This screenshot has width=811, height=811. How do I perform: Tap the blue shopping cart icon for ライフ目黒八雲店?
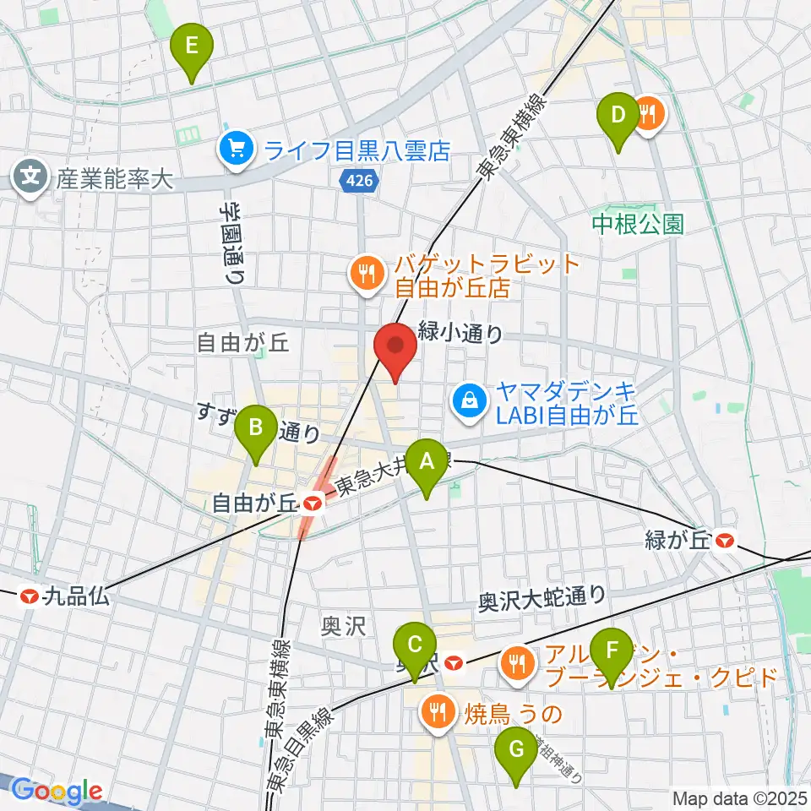(x=232, y=150)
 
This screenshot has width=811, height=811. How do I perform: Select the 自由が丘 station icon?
(x=313, y=503)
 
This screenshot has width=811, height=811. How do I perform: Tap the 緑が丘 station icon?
(x=723, y=541)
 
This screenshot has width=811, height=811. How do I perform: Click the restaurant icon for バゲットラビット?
(x=366, y=272)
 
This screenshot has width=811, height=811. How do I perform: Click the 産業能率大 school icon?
(x=30, y=177)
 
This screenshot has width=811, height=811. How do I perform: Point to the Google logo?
(x=56, y=792)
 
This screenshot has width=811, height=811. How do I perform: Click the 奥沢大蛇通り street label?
(x=542, y=596)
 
